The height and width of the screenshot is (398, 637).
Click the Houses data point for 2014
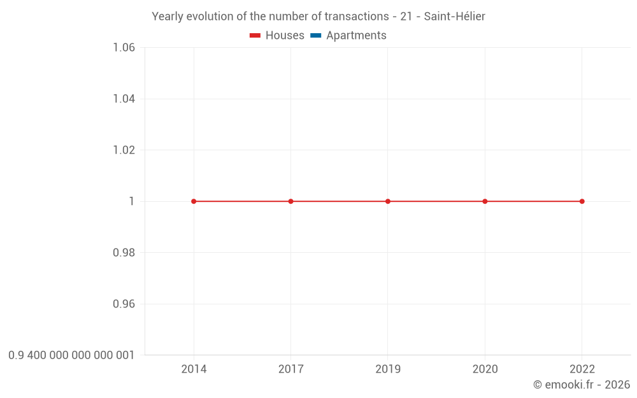[x=194, y=201]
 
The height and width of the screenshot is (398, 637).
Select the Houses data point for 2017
[x=291, y=201]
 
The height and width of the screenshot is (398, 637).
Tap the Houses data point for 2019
[x=388, y=201]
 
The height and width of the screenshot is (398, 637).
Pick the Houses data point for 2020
[x=485, y=201]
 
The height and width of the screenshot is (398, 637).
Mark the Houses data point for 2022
[x=582, y=201]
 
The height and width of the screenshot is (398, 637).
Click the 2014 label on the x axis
[x=194, y=369]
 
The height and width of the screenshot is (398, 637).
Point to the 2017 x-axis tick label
[x=291, y=369]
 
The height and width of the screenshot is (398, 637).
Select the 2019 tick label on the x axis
[x=388, y=369]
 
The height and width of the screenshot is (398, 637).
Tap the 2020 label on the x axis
[x=485, y=369]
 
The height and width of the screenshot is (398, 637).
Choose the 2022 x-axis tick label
[x=582, y=369]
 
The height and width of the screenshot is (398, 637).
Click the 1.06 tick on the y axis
[x=124, y=48]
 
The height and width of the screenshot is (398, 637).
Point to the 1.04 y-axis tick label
[x=124, y=99]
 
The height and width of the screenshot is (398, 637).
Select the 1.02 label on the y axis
[x=124, y=150]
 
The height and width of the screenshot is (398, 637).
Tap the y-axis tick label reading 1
[x=132, y=201]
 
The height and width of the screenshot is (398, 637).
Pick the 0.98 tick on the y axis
[x=124, y=253]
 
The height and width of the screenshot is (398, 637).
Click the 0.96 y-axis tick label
[x=124, y=304]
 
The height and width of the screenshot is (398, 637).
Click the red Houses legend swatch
[x=255, y=36]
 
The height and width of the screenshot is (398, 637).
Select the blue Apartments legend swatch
[x=315, y=36]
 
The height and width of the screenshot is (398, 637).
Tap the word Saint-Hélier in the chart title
[x=454, y=17]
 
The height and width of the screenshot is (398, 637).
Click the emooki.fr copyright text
[x=582, y=385]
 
